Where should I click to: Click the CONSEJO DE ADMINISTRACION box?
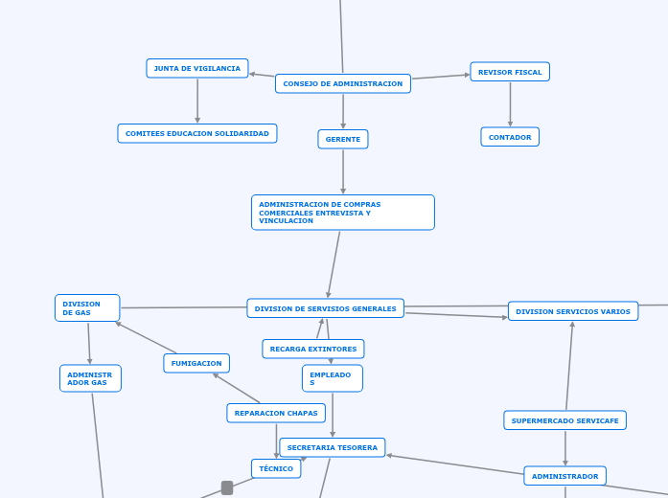[x=342, y=83]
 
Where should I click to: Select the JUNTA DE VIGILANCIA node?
[x=196, y=68]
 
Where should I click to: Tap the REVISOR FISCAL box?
[x=510, y=72]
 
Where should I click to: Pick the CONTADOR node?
[x=510, y=137]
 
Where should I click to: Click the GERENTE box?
[x=343, y=139]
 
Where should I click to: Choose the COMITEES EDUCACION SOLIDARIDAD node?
[x=196, y=133]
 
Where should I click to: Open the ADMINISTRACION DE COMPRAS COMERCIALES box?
[x=342, y=213]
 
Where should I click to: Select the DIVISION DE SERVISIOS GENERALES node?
[x=325, y=308]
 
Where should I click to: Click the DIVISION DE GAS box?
[x=87, y=308]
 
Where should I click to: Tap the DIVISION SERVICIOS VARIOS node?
[x=573, y=311]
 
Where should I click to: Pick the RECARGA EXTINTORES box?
[x=312, y=349]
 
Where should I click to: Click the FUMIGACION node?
[x=196, y=363]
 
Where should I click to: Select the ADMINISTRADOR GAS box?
[x=90, y=378]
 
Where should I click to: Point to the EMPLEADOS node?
[x=332, y=378]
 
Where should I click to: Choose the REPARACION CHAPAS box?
[x=276, y=413]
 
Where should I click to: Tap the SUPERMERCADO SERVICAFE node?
[x=564, y=420]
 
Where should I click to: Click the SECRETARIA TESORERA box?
[x=333, y=447]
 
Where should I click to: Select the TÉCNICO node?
[x=276, y=468]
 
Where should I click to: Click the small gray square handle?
[x=227, y=487]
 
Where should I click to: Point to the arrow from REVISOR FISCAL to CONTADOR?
[x=510, y=104]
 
